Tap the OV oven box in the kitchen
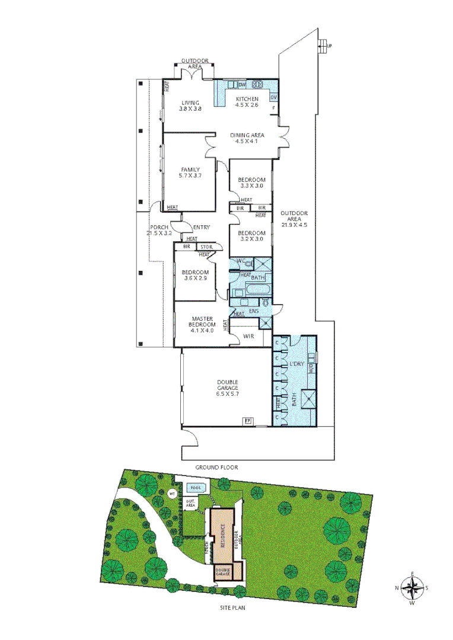(x=273, y=97)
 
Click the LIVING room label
(x=190, y=103)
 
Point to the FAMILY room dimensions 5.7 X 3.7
(x=190, y=175)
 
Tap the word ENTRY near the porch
(x=201, y=227)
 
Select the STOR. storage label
(x=206, y=247)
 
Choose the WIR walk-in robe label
(x=250, y=337)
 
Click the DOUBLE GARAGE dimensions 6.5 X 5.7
(x=227, y=393)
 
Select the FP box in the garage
(x=247, y=421)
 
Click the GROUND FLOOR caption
(x=217, y=468)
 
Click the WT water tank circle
(x=173, y=494)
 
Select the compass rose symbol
(x=412, y=588)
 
